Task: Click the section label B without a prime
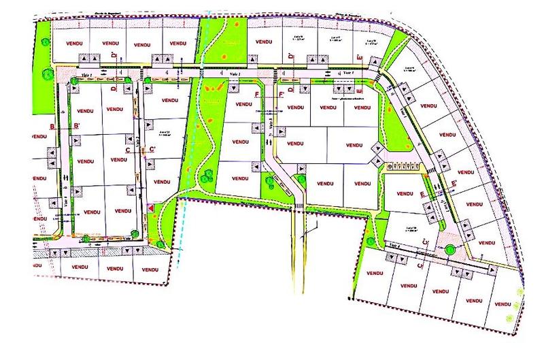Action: coord(52,127)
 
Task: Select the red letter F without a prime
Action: coord(256,94)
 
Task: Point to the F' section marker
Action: coord(282,94)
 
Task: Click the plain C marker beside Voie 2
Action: coord(126,150)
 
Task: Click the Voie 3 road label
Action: coord(271,127)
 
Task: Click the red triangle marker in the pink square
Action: coord(150,208)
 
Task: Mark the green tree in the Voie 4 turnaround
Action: coord(449,249)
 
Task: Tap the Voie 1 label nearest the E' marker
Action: coord(348,71)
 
